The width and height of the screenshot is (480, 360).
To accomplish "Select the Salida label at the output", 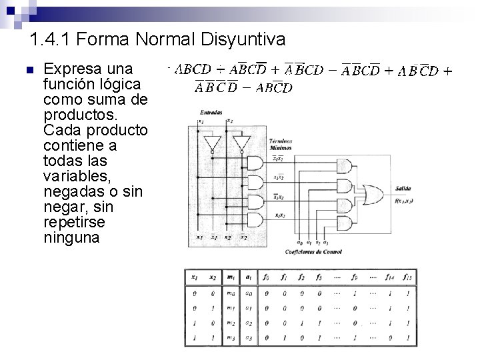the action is tap(403, 188).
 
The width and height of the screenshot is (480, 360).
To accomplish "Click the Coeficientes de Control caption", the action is tap(313, 251).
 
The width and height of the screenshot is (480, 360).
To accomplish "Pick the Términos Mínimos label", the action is tap(280, 145).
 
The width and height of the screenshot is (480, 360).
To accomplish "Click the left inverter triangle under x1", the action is tap(212, 142).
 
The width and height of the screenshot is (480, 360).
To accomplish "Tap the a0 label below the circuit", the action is tap(299, 243).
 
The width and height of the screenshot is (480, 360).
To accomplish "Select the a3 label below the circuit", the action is tap(325, 243).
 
